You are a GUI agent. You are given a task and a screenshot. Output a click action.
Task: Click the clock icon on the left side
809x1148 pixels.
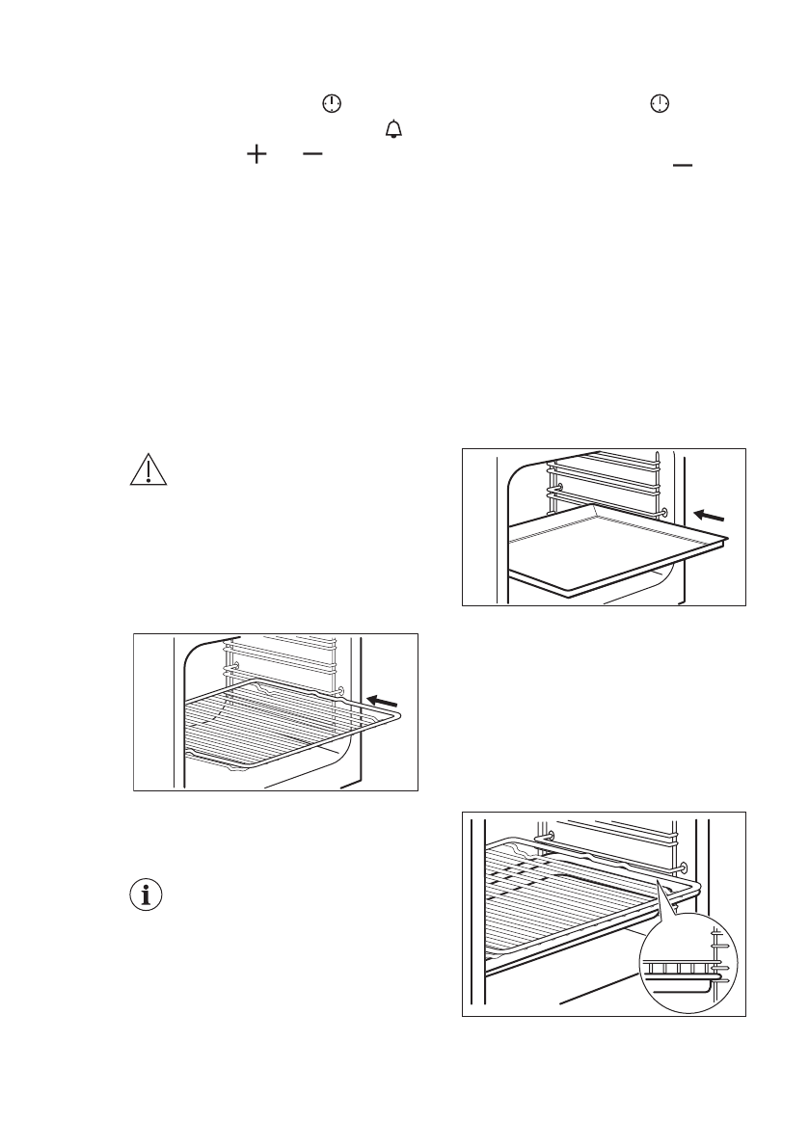point(332,104)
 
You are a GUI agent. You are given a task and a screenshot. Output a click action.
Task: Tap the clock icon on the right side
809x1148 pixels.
point(659,104)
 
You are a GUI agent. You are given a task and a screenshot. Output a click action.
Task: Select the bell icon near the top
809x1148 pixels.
point(392,129)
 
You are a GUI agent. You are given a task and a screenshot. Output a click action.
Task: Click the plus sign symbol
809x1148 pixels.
point(256,155)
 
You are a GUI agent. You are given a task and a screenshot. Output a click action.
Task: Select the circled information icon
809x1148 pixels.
point(146,894)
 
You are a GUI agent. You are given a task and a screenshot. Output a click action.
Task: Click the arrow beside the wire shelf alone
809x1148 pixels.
point(382,698)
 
